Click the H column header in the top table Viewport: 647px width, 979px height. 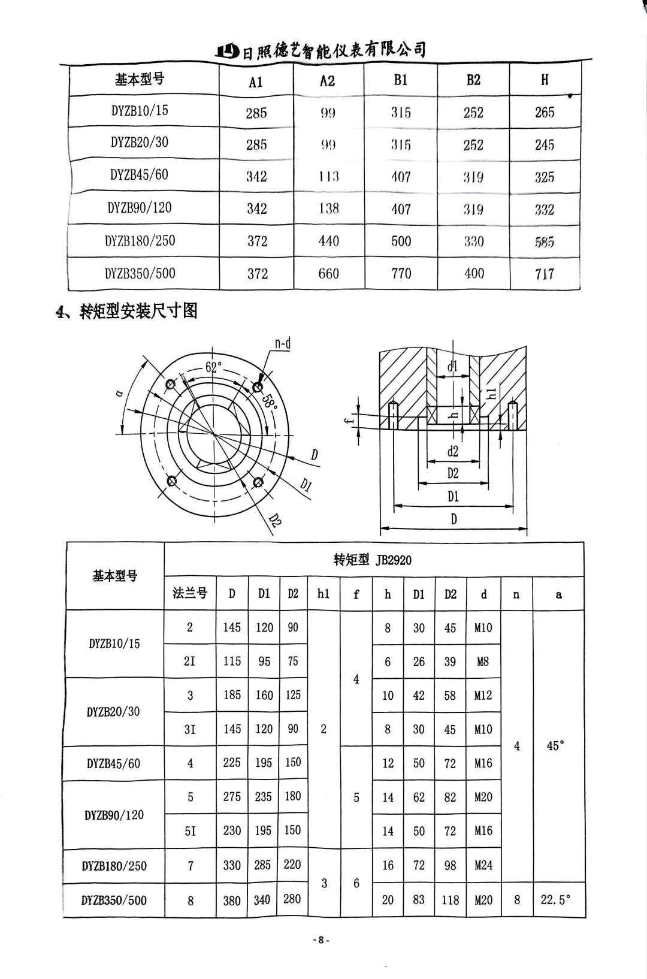click(545, 80)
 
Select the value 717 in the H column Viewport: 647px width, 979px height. click(545, 274)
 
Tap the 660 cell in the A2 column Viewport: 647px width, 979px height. click(328, 274)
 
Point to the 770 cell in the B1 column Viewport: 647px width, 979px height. click(401, 274)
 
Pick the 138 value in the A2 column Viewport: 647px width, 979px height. click(328, 209)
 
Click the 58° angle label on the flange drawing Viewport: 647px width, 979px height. click(271, 401)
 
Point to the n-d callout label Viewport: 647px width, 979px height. click(283, 343)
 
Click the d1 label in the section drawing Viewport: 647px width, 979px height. click(453, 366)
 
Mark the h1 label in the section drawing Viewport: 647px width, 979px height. click(492, 394)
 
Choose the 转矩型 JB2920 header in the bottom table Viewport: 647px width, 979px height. click(373, 560)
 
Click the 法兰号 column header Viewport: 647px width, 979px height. click(190, 593)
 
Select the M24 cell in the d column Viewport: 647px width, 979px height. click(483, 865)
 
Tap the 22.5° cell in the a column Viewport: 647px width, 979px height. click(555, 899)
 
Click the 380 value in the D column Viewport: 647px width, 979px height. click(232, 900)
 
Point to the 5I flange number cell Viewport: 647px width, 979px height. click(190, 831)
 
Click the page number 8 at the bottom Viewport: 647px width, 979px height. click(321, 940)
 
